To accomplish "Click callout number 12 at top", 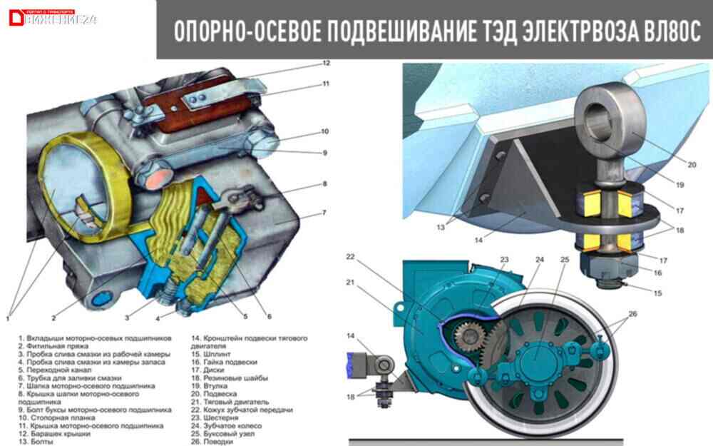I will pos(326,63).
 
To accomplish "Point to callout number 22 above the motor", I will pos(350,256).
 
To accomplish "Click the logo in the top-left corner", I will pos(50,18).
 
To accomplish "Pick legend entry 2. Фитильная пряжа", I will pos(60,344).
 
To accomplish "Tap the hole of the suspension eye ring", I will pos(599,114).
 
